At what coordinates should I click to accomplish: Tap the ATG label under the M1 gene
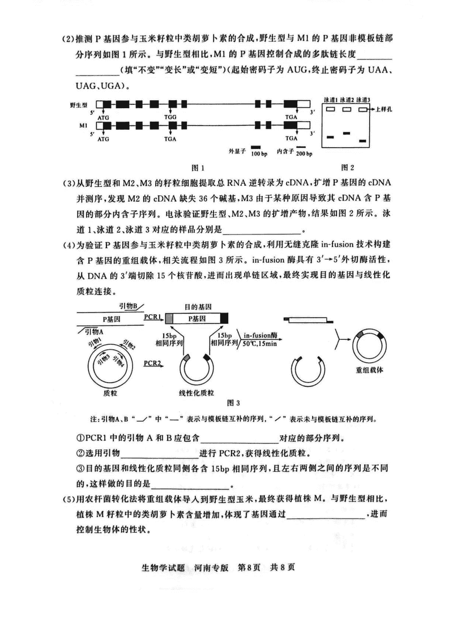click(x=104, y=138)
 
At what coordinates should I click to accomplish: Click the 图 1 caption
click(x=198, y=168)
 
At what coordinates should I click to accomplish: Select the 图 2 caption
click(x=347, y=167)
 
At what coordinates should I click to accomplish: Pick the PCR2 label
click(x=153, y=362)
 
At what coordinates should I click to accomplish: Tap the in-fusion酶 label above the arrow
click(x=262, y=335)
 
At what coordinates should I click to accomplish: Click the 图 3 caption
click(x=233, y=403)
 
